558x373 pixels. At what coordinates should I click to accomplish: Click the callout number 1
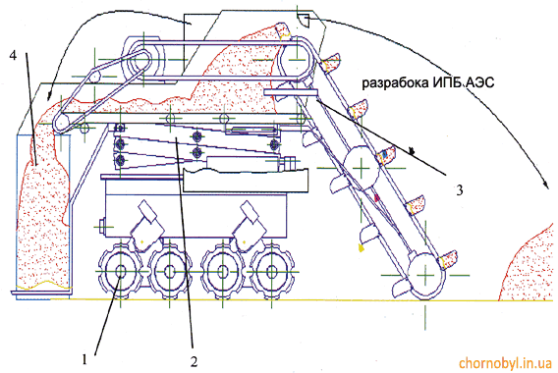84,359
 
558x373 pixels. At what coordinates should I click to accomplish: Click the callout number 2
194,361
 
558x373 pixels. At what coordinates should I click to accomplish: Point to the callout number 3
460,190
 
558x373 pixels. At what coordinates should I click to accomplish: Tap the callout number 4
13,55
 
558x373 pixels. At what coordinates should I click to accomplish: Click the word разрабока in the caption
395,83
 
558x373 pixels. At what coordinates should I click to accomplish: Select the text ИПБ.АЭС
464,82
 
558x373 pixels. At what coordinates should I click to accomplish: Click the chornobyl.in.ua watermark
505,363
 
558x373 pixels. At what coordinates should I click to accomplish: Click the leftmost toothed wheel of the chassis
120,271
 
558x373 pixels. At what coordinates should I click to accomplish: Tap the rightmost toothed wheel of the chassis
272,271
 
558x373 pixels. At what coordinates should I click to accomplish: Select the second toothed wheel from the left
170,271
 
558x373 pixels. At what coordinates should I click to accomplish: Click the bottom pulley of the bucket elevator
425,275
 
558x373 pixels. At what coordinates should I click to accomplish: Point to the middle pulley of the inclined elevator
362,167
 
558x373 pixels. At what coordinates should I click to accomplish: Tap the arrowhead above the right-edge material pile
545,184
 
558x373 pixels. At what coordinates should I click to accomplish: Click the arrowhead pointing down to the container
49,95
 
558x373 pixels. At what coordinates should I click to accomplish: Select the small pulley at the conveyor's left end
63,123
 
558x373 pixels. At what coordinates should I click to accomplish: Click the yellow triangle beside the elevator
362,247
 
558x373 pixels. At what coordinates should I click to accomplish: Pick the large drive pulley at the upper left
143,59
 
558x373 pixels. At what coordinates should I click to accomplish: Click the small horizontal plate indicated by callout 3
291,93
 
